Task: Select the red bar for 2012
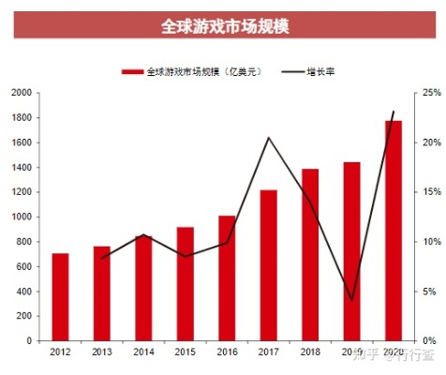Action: pyautogui.click(x=60, y=297)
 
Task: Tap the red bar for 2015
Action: pyautogui.click(x=185, y=284)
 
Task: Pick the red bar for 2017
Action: pyautogui.click(x=268, y=265)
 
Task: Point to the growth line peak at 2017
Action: pyautogui.click(x=269, y=138)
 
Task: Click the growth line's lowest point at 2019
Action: pyautogui.click(x=351, y=300)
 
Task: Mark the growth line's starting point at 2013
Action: pyautogui.click(x=102, y=258)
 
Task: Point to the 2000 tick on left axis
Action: pyautogui.click(x=21, y=93)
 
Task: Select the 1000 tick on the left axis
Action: pyautogui.click(x=21, y=217)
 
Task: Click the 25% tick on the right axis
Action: pyautogui.click(x=432, y=93)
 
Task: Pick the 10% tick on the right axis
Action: pyautogui.click(x=432, y=242)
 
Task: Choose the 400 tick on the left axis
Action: pyautogui.click(x=23, y=292)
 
